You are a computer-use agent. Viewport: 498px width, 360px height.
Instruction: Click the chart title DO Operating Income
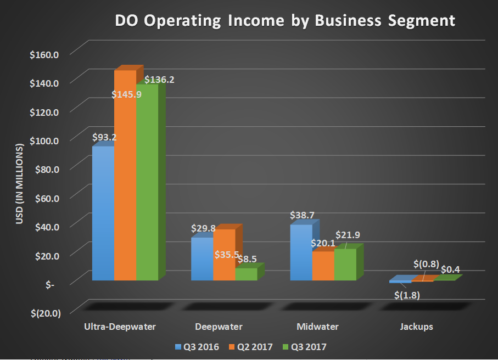point(285,20)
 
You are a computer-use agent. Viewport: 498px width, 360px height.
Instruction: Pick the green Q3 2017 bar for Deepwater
point(245,274)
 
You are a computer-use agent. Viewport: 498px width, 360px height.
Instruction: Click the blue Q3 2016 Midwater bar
point(301,252)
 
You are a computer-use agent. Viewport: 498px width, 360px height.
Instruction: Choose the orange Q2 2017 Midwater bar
point(323,266)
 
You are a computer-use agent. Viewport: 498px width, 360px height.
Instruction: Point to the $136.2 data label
point(159,80)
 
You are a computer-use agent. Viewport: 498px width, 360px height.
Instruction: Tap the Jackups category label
point(416,327)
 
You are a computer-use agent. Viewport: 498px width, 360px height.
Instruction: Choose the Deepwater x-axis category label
point(219,327)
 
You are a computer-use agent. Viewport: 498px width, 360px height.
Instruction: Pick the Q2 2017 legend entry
point(251,346)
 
